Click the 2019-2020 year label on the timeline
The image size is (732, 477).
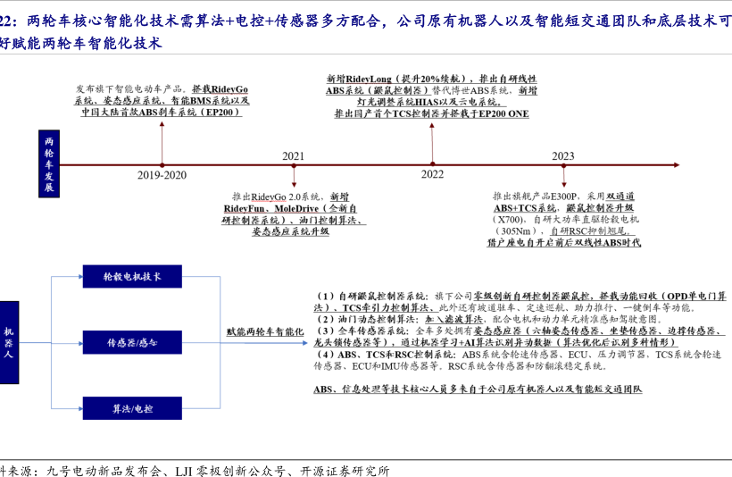(x=162, y=175)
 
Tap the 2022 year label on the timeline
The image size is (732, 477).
(x=432, y=174)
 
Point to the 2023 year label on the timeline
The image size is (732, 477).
(x=562, y=155)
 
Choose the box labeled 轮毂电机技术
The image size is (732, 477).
(x=133, y=277)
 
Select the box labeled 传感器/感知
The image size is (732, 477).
(x=133, y=342)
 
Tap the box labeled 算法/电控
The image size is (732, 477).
(x=133, y=408)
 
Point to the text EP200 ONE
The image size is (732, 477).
(x=504, y=114)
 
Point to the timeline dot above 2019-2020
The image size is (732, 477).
(x=162, y=164)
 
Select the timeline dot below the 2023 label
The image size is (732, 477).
(x=562, y=164)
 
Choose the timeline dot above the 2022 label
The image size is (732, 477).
(x=432, y=164)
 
